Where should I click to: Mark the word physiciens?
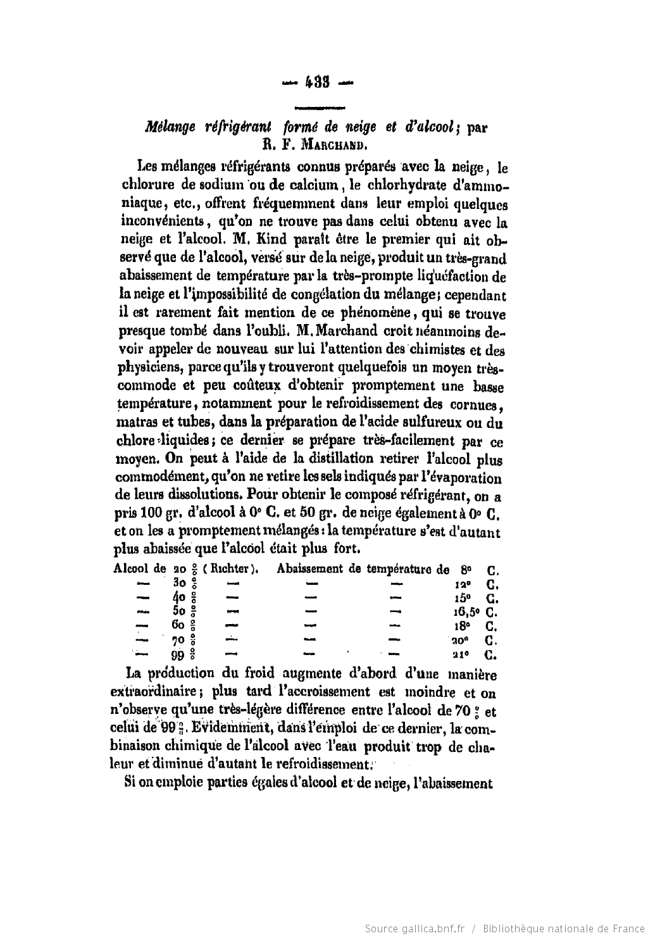[x=150, y=368]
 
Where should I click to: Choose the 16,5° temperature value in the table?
[x=466, y=612]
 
